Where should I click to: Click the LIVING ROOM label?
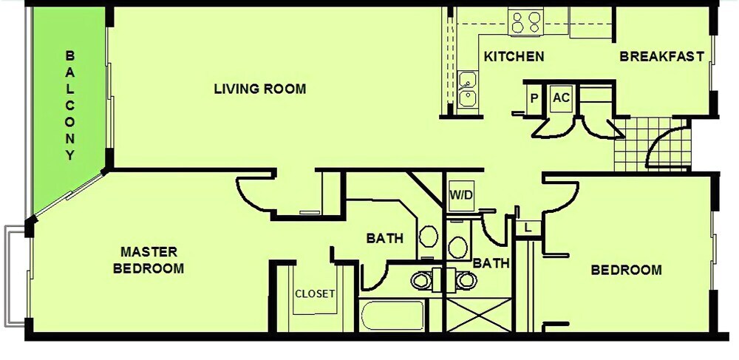coord(259,89)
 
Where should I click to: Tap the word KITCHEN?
coord(514,56)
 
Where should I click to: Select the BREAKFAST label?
coord(661,56)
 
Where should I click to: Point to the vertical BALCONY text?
coord(69,106)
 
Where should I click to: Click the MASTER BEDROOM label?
coord(149,260)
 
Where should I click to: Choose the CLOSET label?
coord(315,293)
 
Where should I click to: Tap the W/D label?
coord(460,194)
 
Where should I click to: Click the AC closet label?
coord(561,98)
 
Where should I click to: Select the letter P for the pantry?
coord(534,98)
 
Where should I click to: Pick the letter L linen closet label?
coord(528,228)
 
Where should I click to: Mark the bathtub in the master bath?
coord(392,316)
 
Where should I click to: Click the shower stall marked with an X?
coord(478,315)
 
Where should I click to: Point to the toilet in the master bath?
coord(429,236)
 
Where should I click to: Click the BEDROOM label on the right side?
coord(626,271)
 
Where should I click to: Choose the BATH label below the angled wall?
coord(384,239)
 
